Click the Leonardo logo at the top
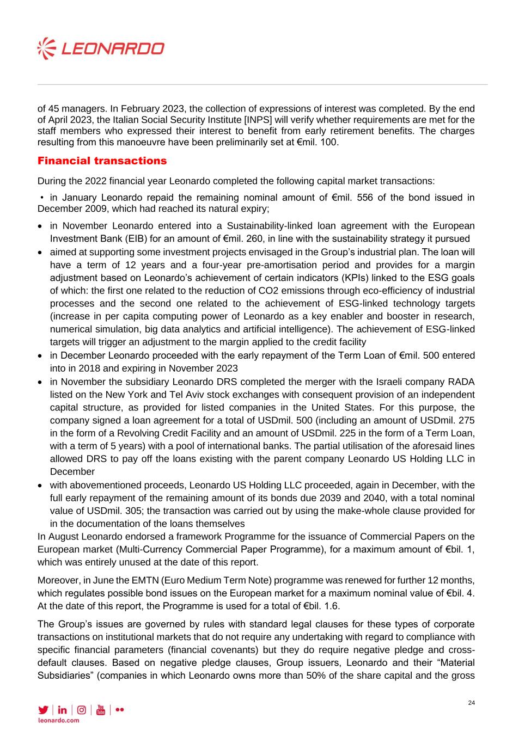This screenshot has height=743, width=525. click(x=101, y=48)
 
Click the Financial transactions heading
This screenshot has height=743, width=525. click(x=102, y=161)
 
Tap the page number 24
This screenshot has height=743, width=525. click(x=471, y=703)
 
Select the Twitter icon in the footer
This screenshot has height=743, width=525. click(x=43, y=710)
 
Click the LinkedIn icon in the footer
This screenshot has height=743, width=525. click(x=62, y=710)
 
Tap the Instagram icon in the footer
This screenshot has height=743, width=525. click(x=81, y=710)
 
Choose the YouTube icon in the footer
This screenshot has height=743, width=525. click(x=100, y=710)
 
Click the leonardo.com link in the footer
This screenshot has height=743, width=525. click(x=58, y=720)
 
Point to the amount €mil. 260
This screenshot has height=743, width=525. click(x=246, y=238)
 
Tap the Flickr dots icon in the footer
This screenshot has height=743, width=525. click(x=120, y=710)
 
